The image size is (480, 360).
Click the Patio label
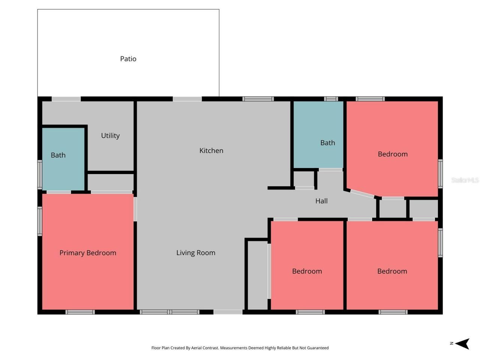click(128, 59)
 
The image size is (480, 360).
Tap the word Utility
click(110, 136)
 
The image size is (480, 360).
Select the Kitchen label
click(211, 151)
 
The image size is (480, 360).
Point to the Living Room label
click(196, 253)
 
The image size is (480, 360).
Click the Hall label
click(321, 201)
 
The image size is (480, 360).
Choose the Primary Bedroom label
click(88, 253)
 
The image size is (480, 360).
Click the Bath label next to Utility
click(58, 155)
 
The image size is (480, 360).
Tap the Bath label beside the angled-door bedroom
click(327, 143)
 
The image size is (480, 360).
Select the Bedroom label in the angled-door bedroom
click(393, 154)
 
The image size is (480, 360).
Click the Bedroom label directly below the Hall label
click(307, 271)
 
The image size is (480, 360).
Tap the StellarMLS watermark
click(465, 180)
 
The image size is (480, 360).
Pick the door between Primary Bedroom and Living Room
click(135, 209)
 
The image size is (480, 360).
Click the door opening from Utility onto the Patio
click(66, 99)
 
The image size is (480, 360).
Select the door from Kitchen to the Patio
click(187, 99)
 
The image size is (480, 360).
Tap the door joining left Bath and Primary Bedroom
click(58, 192)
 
